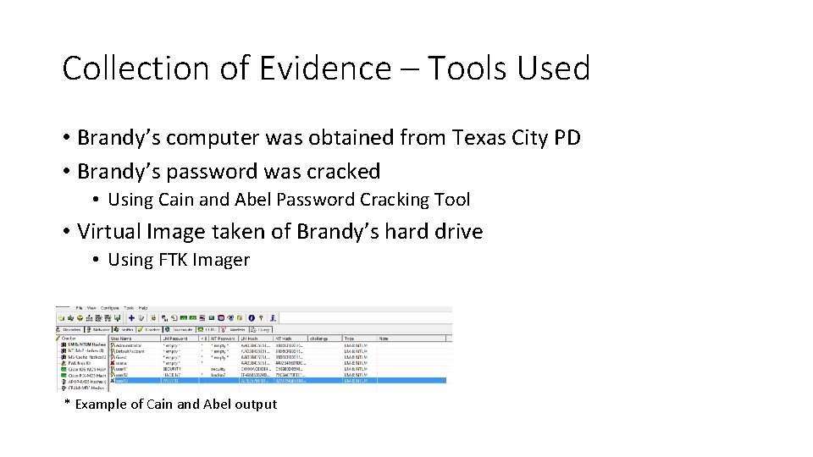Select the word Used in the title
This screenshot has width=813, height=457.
point(550,69)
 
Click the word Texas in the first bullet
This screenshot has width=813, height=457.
point(465,138)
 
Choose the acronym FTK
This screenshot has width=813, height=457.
point(174,261)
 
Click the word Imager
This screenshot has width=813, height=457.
point(222,261)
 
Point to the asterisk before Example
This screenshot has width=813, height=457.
point(68,403)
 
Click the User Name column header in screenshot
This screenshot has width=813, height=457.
point(121,339)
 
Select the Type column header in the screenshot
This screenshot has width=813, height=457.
point(348,339)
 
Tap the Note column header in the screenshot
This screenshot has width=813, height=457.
point(384,339)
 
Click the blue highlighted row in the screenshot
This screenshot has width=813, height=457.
point(254,381)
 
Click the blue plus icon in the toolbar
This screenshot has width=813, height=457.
point(131,318)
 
